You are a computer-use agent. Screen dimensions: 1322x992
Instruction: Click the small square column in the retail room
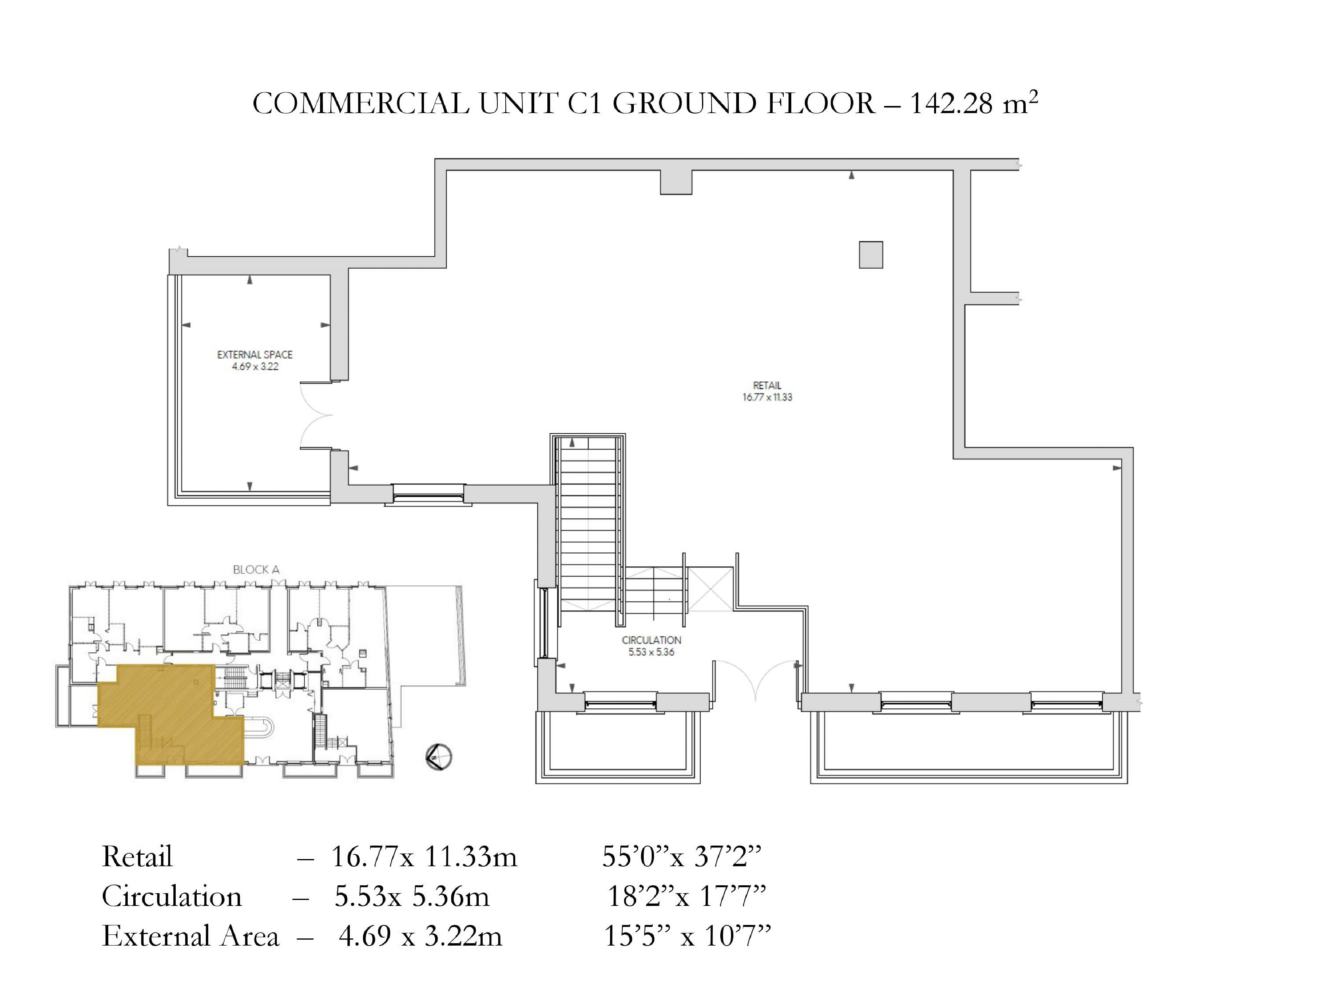(871, 255)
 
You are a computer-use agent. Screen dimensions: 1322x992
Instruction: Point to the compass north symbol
(439, 757)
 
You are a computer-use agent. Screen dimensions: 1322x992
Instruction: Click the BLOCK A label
(256, 569)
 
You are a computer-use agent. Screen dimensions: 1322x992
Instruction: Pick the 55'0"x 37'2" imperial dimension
(682, 856)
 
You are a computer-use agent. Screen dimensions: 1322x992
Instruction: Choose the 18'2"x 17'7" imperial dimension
(687, 896)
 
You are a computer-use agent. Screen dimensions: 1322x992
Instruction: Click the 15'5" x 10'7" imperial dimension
(687, 936)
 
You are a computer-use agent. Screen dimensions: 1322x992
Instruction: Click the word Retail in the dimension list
(137, 856)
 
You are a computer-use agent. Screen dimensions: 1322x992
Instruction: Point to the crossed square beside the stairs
(710, 589)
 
